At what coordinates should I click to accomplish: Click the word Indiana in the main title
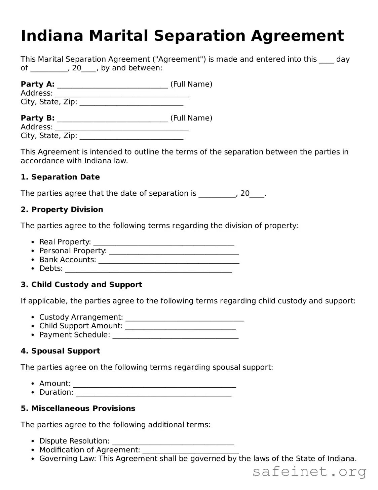tap(52, 36)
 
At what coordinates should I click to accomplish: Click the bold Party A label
tap(37, 84)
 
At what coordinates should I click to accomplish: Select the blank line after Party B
tap(112, 119)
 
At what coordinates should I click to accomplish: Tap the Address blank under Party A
tap(121, 94)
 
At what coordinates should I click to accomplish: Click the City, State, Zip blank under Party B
tap(131, 137)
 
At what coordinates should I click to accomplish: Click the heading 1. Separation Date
tap(60, 177)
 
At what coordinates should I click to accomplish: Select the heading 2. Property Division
tap(62, 209)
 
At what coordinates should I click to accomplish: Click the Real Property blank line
tap(163, 243)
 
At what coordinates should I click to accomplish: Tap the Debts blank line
tap(148, 269)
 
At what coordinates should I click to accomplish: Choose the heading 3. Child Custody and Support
tap(81, 285)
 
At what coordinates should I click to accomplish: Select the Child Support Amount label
tap(81, 326)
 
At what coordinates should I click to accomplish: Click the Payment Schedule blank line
tap(175, 336)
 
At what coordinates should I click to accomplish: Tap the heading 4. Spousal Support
tap(60, 351)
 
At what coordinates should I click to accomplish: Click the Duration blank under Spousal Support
tap(153, 393)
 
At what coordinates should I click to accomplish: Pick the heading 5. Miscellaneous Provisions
tap(78, 409)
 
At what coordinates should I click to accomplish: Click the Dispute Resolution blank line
tap(173, 442)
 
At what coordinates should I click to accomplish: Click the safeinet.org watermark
tap(309, 472)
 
